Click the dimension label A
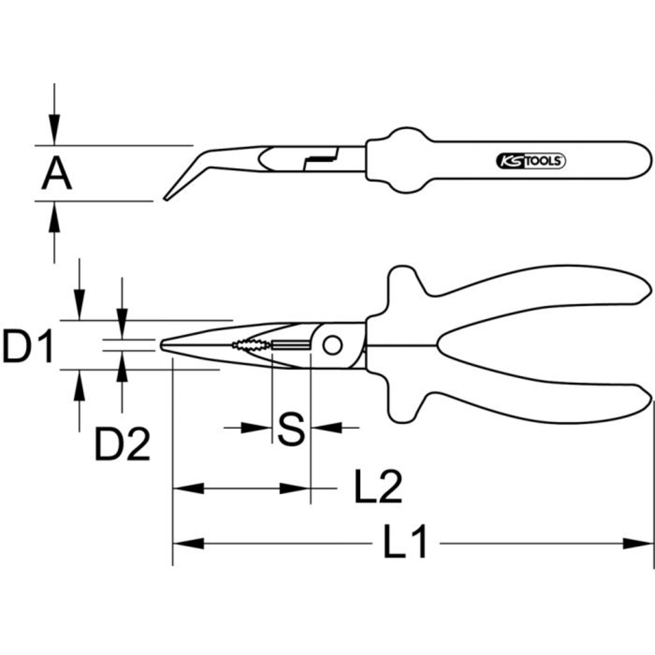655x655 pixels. click(x=56, y=174)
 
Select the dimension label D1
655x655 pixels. click(x=28, y=346)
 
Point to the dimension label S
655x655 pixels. click(x=291, y=429)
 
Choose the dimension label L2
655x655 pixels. click(x=378, y=487)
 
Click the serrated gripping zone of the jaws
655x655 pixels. click(x=250, y=344)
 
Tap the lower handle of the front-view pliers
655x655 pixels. click(x=524, y=400)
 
